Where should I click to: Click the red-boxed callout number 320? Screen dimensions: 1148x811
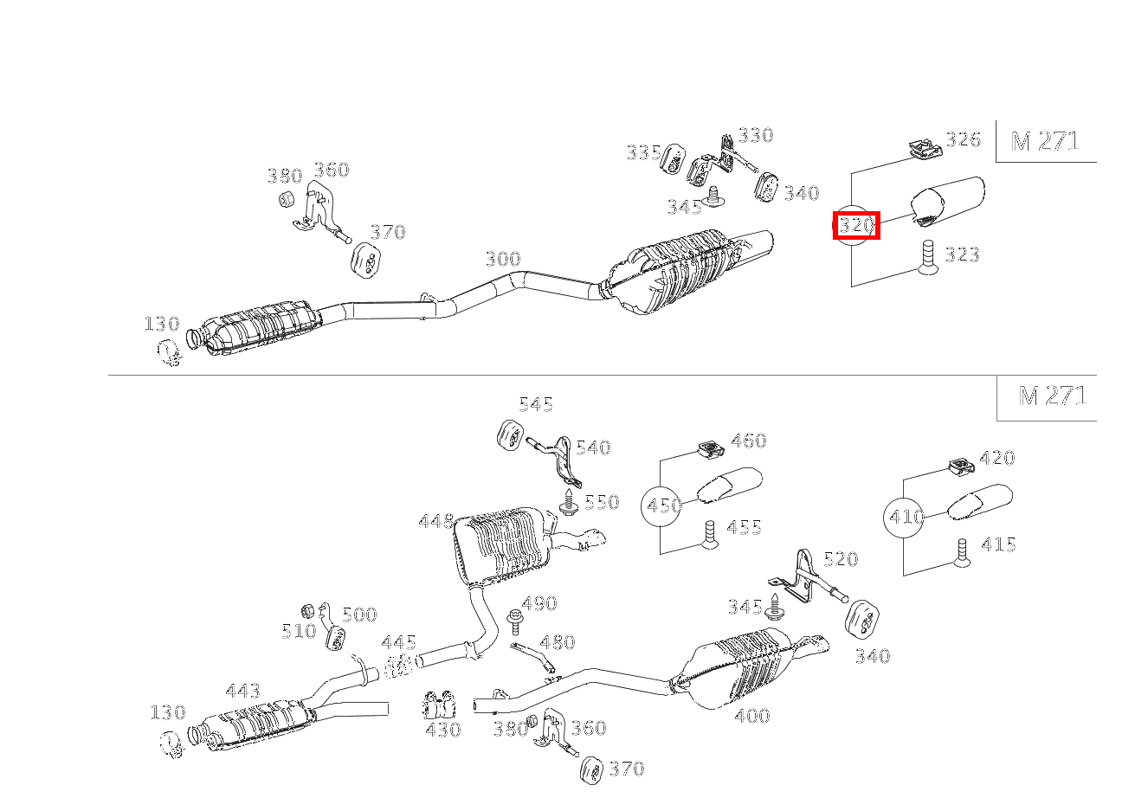tap(856, 225)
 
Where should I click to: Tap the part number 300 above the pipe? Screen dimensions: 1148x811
tap(503, 259)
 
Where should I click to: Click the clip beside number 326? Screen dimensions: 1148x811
tap(925, 149)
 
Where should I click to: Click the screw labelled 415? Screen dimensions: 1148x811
tap(962, 553)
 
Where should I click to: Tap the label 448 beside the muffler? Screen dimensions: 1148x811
tap(436, 522)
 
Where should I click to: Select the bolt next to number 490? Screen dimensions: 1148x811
tap(514, 622)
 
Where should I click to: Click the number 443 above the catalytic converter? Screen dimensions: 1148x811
tap(243, 691)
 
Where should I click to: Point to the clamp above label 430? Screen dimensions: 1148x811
tap(440, 705)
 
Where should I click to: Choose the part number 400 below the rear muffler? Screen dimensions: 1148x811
tap(752, 716)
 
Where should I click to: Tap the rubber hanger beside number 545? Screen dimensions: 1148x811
tap(509, 436)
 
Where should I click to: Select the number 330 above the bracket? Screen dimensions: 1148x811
tap(756, 136)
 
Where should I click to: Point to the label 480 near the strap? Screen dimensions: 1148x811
tap(558, 642)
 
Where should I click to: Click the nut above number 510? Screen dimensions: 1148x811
tap(307, 611)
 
